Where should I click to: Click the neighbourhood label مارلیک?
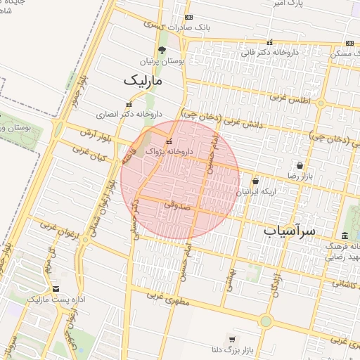click(x=143, y=81)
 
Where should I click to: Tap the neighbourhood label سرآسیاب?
click(x=290, y=230)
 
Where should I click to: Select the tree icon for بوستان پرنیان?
click(x=162, y=50)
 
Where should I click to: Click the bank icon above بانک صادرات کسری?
click(x=188, y=17)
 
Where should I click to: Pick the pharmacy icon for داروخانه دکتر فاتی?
click(x=271, y=42)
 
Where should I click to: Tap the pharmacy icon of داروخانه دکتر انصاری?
click(x=128, y=104)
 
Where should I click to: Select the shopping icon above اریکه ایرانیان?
click(x=255, y=181)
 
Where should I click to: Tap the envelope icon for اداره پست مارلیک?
click(x=56, y=289)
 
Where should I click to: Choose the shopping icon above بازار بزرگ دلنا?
click(x=232, y=340)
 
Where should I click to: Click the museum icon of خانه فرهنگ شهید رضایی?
click(x=345, y=236)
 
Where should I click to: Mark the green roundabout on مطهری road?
click(x=265, y=321)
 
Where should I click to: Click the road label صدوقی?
click(x=174, y=206)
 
